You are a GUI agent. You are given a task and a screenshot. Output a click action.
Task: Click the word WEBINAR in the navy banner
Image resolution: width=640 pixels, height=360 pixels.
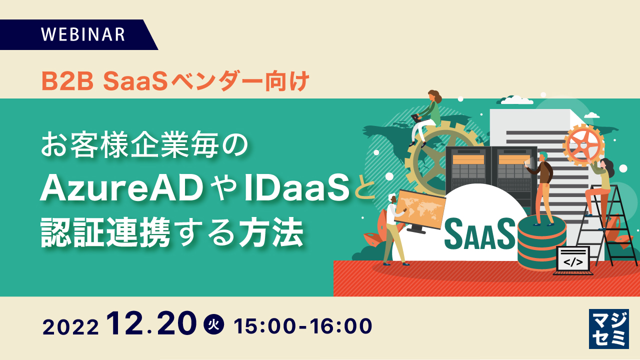(x=82, y=34)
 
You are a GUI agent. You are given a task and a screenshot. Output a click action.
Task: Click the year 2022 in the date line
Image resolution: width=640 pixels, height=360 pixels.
(x=70, y=327)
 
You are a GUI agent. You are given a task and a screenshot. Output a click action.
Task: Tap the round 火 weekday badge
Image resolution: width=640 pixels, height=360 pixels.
(x=214, y=325)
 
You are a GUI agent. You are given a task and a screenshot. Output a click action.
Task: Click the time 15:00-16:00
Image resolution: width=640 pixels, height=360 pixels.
(x=303, y=325)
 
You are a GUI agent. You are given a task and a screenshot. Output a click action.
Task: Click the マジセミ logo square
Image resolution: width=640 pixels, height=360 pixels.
(x=608, y=328)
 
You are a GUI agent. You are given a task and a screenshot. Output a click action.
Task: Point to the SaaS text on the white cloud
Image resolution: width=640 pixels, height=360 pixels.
(x=479, y=233)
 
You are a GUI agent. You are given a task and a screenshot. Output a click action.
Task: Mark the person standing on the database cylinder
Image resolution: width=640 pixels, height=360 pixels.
(x=542, y=187)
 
